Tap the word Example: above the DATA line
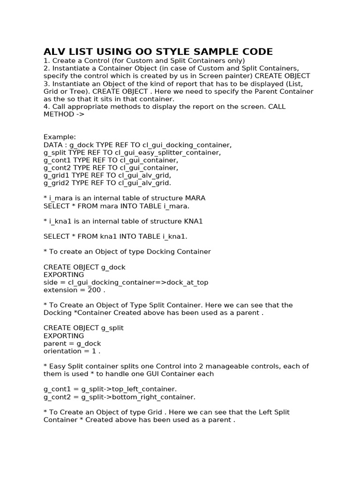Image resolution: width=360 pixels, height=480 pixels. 60,137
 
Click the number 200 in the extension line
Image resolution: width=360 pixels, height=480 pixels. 95,290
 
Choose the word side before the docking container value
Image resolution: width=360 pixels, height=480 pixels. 51,282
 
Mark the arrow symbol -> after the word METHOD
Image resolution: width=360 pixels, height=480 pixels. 80,114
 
